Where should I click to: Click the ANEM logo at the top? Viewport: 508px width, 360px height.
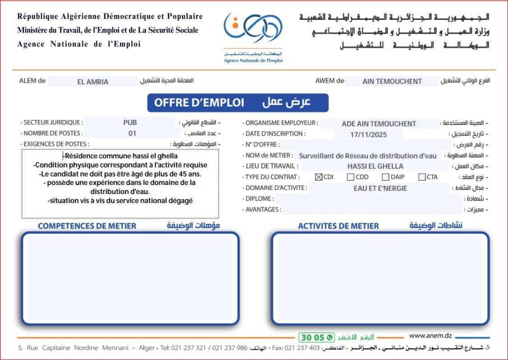(x=253, y=30)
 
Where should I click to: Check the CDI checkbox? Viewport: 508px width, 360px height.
(x=318, y=177)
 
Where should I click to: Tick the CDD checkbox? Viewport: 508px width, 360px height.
(x=351, y=177)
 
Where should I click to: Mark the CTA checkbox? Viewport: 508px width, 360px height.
(x=422, y=177)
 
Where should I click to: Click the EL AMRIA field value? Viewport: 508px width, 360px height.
(x=93, y=82)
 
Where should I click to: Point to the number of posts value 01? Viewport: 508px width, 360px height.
(x=132, y=133)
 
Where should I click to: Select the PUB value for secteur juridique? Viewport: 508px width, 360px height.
(x=130, y=122)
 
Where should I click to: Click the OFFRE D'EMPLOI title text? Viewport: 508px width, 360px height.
(x=199, y=103)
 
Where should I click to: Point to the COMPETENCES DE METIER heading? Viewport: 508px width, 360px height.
(x=87, y=226)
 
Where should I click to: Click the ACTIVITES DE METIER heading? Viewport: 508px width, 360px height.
(x=338, y=226)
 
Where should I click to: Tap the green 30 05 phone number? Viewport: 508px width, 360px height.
(x=312, y=338)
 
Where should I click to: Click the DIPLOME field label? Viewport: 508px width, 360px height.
(x=258, y=199)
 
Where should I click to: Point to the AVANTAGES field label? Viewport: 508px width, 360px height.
(x=262, y=210)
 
